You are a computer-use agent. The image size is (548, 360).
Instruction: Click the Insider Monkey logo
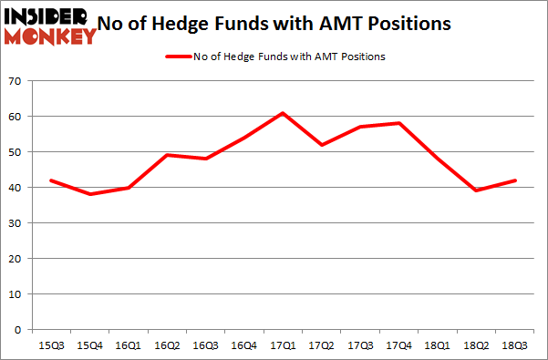50,26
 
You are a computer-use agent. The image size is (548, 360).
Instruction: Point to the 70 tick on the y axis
15,82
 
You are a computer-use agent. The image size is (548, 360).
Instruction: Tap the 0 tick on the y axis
17,330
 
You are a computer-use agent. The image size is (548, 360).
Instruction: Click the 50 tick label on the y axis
15,152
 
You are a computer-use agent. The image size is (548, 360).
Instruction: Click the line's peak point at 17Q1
283,113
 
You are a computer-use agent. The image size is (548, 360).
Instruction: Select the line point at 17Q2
322,145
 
